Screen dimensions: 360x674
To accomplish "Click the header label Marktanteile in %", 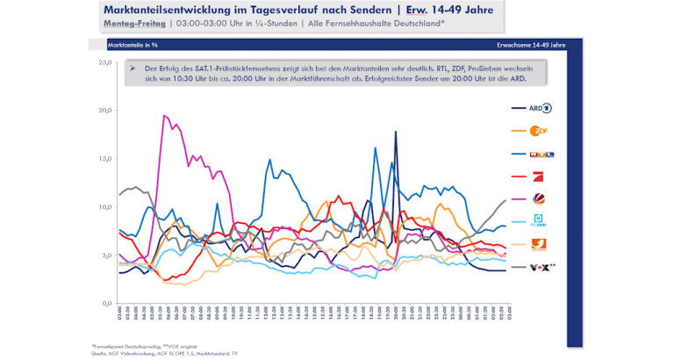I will point(132,43).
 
